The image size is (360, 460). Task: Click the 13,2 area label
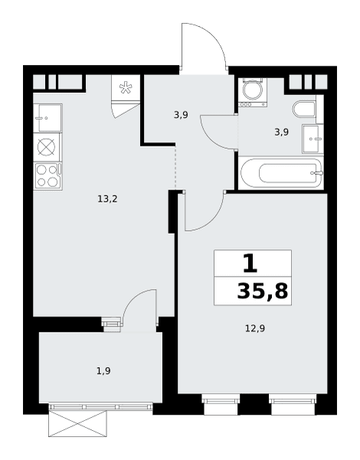click(107, 199)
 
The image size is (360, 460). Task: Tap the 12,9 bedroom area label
click(255, 328)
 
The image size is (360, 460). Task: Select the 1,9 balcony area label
click(103, 371)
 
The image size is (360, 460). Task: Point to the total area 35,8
click(263, 291)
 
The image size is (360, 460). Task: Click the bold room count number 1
click(250, 263)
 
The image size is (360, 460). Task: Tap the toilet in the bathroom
click(305, 109)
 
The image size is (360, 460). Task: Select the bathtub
click(281, 172)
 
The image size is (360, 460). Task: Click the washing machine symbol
click(253, 93)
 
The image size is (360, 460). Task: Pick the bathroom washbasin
click(313, 139)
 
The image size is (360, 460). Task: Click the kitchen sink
click(47, 118)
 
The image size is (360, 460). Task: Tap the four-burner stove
click(47, 176)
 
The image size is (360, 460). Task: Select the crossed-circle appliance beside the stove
click(47, 147)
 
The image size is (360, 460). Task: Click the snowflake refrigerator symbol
click(126, 87)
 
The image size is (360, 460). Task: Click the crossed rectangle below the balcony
click(77, 424)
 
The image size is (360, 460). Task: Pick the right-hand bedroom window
click(293, 404)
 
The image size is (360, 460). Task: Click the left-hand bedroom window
click(221, 404)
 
